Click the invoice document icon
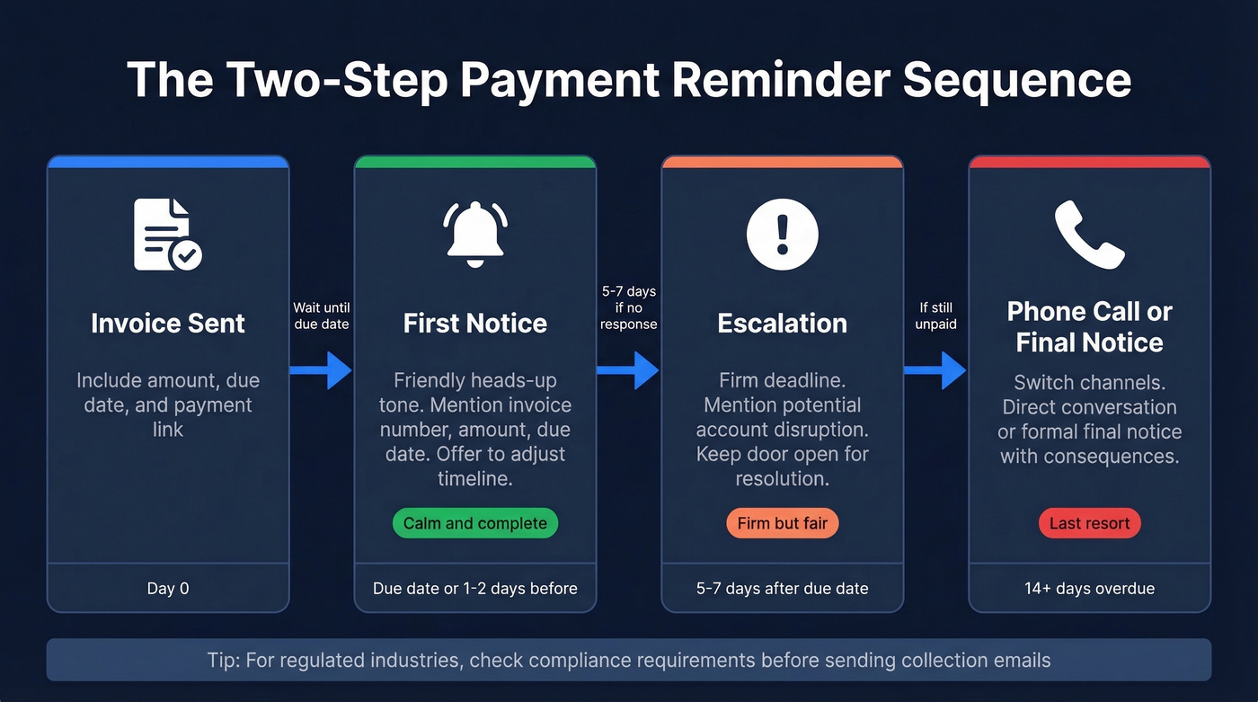coord(167,234)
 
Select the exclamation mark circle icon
coord(782,234)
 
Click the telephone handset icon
coord(1089,233)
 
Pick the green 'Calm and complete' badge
coord(475,523)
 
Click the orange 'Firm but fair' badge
coord(782,523)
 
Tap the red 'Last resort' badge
coord(1089,523)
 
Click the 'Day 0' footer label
coord(168,589)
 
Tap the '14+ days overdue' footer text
coord(1089,589)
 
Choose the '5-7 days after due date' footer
coord(782,589)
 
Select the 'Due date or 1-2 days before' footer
coord(475,589)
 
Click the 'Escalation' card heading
coord(782,324)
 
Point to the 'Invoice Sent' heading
coord(168,324)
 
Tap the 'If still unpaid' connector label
coord(935,315)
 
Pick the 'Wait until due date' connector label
coord(321,315)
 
